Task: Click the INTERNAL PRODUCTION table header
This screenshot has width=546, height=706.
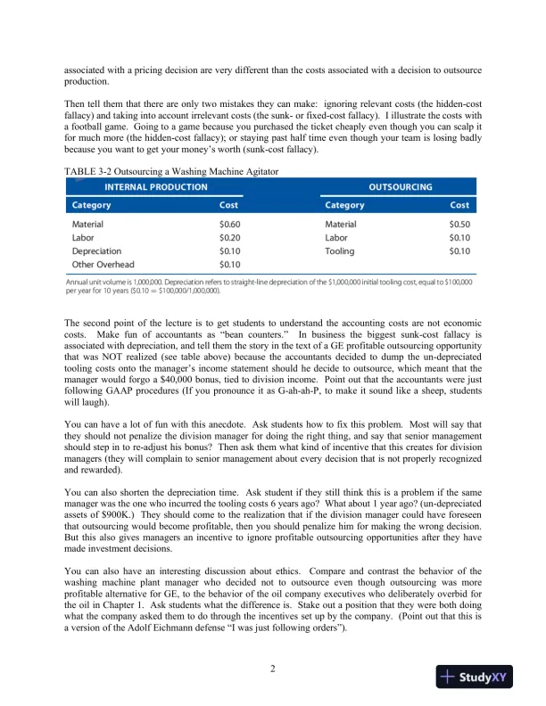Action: point(156,187)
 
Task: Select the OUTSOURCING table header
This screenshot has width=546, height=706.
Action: point(401,187)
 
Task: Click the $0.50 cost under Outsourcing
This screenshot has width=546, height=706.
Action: point(460,225)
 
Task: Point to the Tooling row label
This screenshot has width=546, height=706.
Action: point(341,251)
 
